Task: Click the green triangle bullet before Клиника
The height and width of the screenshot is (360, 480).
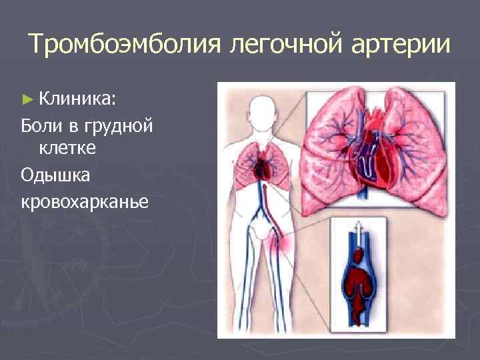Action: coord(27,99)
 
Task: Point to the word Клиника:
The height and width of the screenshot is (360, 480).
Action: coord(77,99)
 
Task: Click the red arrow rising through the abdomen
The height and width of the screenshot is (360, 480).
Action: coord(265,200)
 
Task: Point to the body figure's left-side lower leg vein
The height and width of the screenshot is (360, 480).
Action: coord(247,300)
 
